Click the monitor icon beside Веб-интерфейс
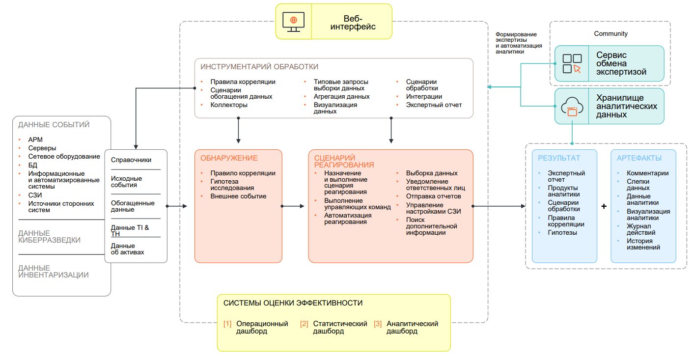(293, 22)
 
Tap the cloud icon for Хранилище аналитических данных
(572, 107)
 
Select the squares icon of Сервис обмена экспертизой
(572, 63)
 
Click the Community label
(610, 34)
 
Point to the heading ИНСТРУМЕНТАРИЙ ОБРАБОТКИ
(259, 67)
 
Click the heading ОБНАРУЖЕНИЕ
(229, 158)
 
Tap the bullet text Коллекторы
(229, 105)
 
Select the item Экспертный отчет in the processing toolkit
(434, 105)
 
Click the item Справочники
(131, 160)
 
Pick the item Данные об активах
(128, 249)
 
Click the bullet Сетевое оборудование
(64, 156)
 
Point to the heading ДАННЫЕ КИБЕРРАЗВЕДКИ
(49, 237)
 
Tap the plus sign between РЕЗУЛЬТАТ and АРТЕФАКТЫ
(604, 207)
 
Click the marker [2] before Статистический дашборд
(304, 324)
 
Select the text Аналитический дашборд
(412, 328)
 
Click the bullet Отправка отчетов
(433, 196)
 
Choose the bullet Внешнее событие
(238, 196)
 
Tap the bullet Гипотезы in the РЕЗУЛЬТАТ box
(562, 233)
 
